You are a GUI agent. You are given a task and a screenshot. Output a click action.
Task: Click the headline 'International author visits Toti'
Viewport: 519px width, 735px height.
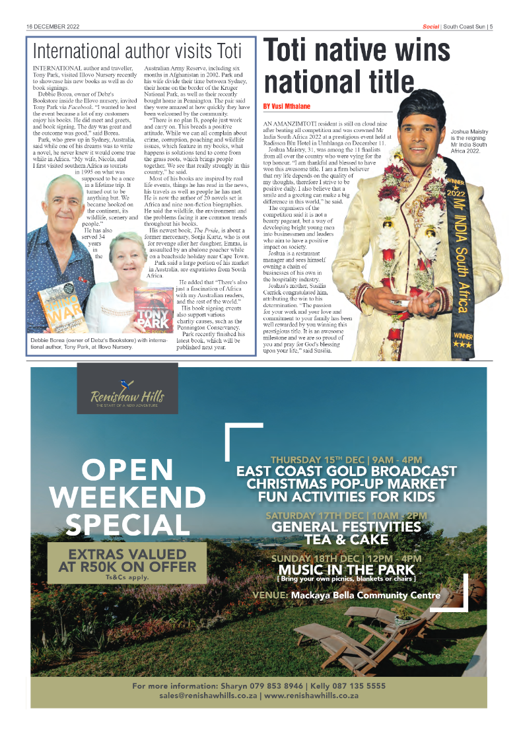tap(137, 51)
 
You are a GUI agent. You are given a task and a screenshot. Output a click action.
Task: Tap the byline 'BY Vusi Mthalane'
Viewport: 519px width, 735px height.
tap(287, 106)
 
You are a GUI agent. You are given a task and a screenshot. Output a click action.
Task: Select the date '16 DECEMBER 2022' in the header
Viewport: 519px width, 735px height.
tap(53, 27)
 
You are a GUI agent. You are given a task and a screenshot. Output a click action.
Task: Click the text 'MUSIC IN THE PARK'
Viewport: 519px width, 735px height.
tap(347, 570)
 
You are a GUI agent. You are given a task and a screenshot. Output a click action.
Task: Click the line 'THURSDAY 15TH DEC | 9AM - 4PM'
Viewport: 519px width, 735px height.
tap(347, 460)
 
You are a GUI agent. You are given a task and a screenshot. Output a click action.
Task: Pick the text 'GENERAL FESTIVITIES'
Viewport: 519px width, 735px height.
tap(347, 526)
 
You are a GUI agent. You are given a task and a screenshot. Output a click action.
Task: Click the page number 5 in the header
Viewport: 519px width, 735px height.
tap(491, 27)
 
